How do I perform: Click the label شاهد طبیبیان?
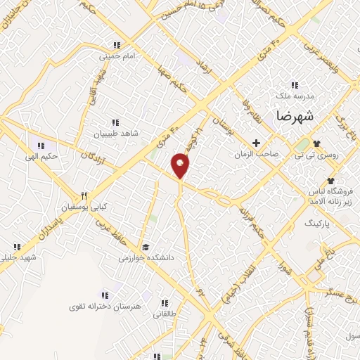[x=117, y=132]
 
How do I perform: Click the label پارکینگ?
[x=316, y=221]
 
